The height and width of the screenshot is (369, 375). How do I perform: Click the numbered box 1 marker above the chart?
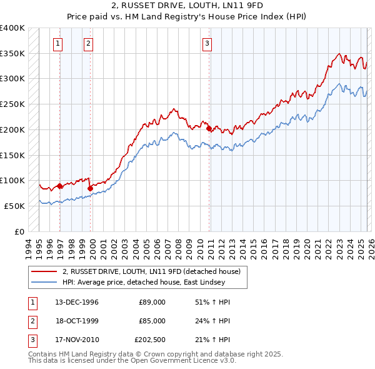click(x=57, y=43)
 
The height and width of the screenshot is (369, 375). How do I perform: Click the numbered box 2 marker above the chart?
click(x=88, y=43)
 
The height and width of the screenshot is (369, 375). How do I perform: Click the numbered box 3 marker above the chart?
click(x=207, y=43)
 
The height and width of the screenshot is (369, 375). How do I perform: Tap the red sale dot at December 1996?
click(x=60, y=186)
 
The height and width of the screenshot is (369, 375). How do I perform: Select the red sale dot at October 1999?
click(x=91, y=188)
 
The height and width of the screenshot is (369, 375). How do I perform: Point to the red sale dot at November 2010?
click(x=209, y=128)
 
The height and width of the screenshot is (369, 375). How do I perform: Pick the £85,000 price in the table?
click(x=152, y=321)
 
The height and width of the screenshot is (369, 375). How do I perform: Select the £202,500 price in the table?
click(x=150, y=340)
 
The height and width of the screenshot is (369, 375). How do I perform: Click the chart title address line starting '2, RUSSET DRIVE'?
click(x=187, y=6)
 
